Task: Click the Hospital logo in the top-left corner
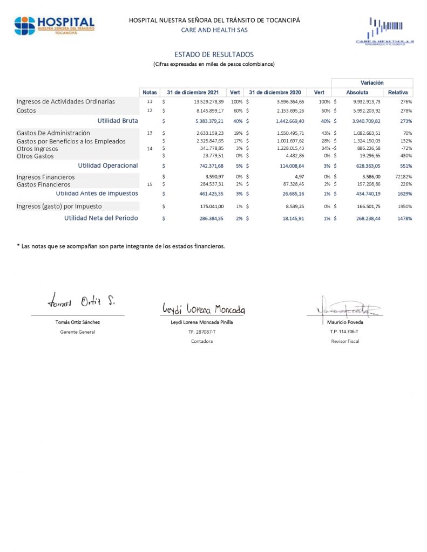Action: coord(54,25)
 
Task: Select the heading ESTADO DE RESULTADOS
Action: coord(214,54)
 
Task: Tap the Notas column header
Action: coord(150,93)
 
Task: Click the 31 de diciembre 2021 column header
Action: coord(193,93)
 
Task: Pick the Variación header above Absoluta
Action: coord(372,83)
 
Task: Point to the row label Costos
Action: coord(26,111)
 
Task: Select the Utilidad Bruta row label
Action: coord(118,121)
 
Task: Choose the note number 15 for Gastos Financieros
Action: coord(150,185)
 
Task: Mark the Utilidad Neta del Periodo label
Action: coord(101,218)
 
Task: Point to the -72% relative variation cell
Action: coord(405,148)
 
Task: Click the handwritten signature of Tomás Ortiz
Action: coord(80,301)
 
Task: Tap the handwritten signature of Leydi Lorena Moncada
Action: coord(204,308)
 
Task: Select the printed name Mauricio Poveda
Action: coord(345,322)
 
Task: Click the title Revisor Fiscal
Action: coord(345,341)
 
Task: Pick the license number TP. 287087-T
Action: coord(202,332)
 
